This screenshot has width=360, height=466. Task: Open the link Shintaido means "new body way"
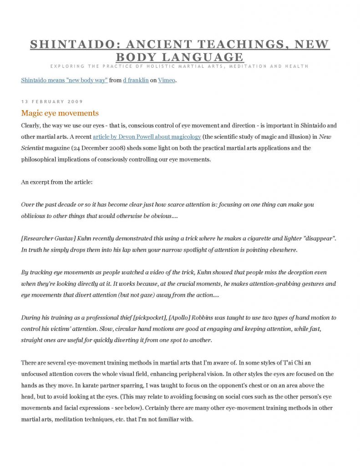pos(64,81)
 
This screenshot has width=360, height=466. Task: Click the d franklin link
pos(136,81)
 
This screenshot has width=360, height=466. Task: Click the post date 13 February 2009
pos(52,101)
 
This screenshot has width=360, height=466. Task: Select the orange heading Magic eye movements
pos(60,113)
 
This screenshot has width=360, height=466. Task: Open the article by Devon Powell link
pos(147,137)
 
